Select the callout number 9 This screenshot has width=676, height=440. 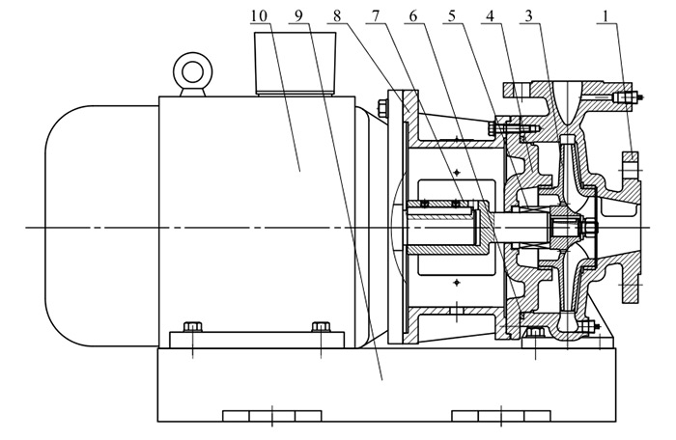click(297, 16)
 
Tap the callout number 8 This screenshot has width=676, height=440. click(338, 16)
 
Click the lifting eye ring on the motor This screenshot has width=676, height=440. click(190, 70)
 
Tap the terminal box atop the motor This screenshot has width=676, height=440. click(296, 63)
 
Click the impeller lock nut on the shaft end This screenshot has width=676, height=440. click(585, 229)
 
